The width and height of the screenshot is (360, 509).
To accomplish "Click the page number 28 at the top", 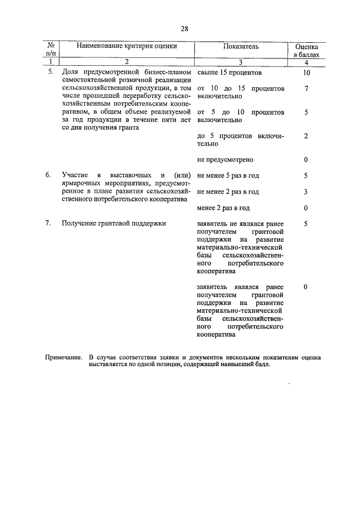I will tap(184, 28).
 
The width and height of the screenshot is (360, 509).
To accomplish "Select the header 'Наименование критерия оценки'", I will tap(127, 47).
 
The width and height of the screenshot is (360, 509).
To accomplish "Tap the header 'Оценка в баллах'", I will tap(306, 52).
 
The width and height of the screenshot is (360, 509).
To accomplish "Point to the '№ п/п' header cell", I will tap(51, 52).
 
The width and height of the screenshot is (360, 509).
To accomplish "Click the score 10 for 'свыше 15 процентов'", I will tap(305, 73).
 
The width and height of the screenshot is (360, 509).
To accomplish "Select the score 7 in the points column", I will tap(305, 89).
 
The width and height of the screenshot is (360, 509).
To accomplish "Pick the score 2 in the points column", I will tap(305, 136).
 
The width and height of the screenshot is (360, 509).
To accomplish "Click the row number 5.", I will tap(50, 73).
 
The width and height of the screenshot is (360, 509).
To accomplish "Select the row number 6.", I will tap(50, 175).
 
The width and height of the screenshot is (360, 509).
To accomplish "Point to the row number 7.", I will tap(50, 223).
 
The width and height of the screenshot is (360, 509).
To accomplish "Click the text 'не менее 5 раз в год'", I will tap(228, 175).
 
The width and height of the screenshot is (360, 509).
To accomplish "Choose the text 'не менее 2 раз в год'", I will tap(228, 192).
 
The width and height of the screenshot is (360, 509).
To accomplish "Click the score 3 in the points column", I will tap(305, 192).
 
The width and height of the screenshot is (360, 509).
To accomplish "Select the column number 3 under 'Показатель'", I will tap(240, 62).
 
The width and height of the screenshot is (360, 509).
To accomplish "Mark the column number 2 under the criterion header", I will tap(127, 62).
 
